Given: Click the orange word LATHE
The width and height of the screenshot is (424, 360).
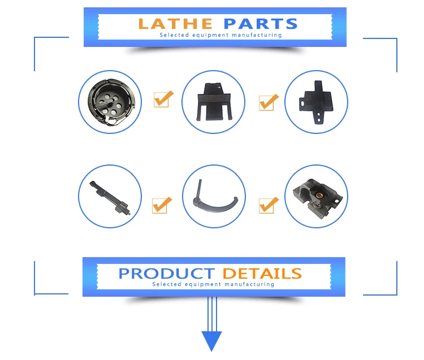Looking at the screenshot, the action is coord(175,24).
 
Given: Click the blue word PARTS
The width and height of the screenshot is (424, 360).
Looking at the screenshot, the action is coord(260,24).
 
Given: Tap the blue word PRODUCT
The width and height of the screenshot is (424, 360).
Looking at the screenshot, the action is coord(166,274).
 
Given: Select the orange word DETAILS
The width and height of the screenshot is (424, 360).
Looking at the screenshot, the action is coord(262,274).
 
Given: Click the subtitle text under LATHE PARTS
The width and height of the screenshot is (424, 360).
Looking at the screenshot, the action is coord(220,35).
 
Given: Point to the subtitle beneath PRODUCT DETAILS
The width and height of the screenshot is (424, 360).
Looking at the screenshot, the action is coord(213,284).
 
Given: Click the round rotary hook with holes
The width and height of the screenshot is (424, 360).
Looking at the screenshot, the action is coord(109,102).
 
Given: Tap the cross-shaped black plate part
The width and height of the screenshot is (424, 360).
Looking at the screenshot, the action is coord(315,101).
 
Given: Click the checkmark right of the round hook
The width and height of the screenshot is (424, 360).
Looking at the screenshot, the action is coord(163,99).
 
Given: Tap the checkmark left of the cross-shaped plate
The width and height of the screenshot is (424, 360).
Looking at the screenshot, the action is coord(269,102).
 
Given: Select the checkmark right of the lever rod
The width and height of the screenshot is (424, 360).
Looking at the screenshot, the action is coord(162,205).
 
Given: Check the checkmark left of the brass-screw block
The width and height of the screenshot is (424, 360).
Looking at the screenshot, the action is coord(269,205).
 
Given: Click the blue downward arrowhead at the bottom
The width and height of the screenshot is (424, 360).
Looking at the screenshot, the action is coord(212,341).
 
